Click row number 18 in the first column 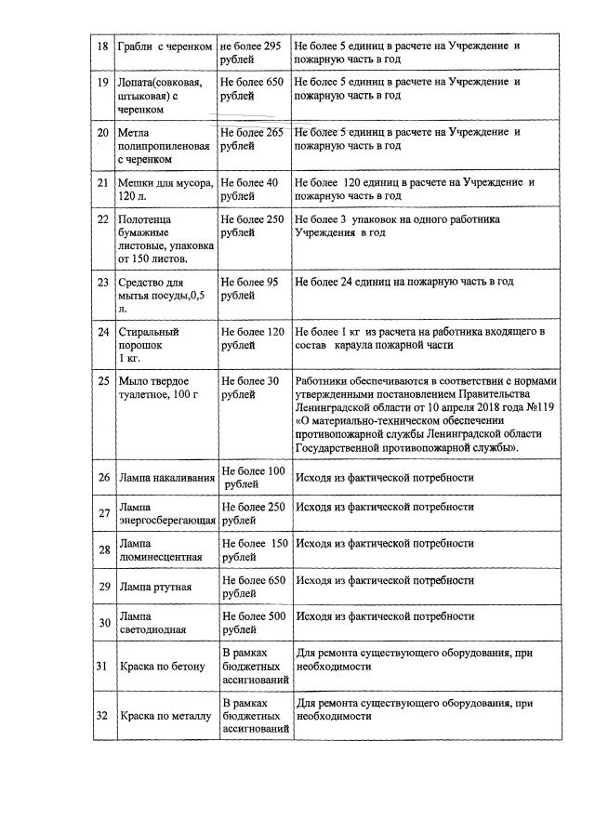(104, 46)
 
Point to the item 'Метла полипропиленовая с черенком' (155, 146)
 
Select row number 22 (104, 219)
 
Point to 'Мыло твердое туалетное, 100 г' (161, 389)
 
